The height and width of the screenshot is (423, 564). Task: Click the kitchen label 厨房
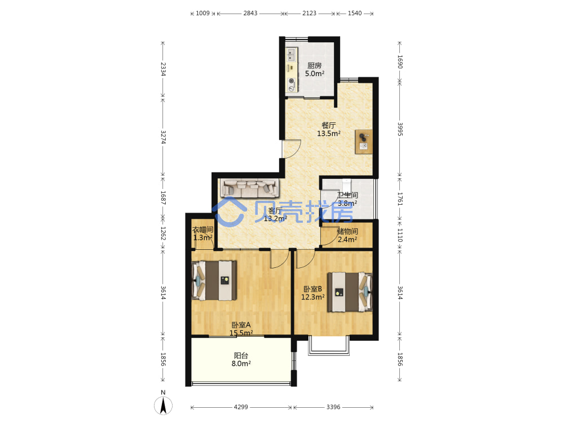314,65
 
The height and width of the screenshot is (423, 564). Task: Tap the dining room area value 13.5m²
328,134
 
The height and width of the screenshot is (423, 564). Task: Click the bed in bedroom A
214,280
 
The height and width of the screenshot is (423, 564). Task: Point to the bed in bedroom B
350,292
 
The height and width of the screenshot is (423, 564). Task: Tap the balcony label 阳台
241,355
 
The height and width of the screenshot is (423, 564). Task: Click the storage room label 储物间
347,231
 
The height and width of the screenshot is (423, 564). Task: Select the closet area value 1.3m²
203,238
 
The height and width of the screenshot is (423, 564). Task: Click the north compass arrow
163,406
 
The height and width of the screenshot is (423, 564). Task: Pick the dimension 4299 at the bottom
241,407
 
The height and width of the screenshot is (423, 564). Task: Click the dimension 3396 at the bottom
333,407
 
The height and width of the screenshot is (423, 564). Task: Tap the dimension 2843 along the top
250,14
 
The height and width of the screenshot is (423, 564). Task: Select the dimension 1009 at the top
202,14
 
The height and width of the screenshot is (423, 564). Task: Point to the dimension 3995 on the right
400,129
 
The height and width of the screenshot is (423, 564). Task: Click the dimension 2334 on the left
163,69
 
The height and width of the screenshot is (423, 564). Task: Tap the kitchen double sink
292,55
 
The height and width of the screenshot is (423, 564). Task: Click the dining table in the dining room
364,142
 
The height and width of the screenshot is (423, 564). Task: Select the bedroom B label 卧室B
312,289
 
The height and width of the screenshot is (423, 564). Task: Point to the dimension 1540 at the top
355,14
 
